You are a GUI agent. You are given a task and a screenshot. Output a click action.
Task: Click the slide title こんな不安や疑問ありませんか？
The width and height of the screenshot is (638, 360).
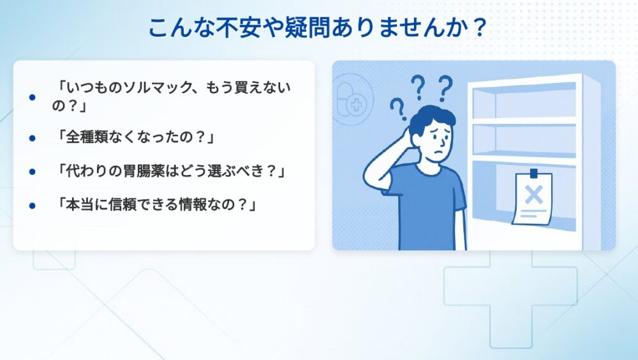[317, 27]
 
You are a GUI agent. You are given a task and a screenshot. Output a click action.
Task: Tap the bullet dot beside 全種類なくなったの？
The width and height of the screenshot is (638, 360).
[32, 139]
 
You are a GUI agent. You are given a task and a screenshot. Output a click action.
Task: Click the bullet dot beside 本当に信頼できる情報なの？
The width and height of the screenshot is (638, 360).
[32, 206]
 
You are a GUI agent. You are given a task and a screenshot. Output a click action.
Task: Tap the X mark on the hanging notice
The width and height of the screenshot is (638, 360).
[533, 194]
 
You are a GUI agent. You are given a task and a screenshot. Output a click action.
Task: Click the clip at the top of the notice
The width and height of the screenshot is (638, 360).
[533, 173]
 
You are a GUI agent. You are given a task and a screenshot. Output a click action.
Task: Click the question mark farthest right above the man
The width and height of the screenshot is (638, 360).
[445, 88]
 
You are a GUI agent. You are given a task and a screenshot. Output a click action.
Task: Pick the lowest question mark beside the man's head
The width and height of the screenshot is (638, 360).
[398, 109]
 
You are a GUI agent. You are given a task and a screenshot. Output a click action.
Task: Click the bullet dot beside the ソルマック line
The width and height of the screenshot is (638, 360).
[32, 97]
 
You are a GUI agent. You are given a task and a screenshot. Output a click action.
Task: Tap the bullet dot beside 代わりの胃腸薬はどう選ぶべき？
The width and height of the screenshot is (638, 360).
[32, 172]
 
